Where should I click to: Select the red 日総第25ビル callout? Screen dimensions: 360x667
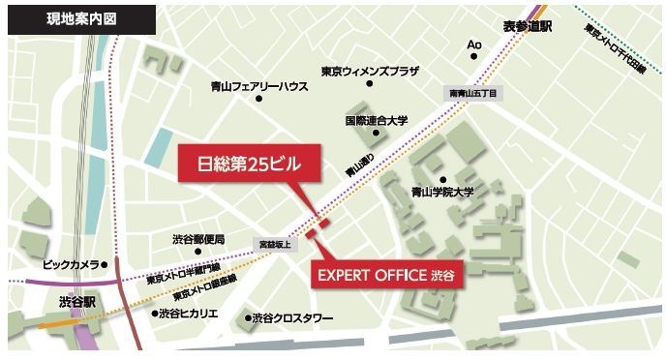247,164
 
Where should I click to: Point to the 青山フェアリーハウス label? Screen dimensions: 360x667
258,85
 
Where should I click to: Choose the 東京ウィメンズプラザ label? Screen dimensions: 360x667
369,70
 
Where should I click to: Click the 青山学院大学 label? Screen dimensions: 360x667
441,192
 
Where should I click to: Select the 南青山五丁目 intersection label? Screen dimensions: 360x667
471,93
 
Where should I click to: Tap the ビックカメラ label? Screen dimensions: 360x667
71,262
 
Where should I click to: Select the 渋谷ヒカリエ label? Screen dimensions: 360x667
188,314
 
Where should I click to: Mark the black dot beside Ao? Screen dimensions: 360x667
474,56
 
